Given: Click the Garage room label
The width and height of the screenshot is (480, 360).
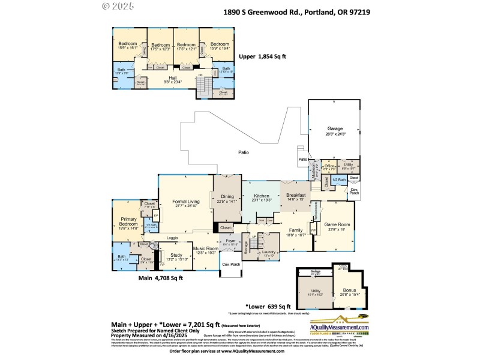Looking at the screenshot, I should click(334, 128).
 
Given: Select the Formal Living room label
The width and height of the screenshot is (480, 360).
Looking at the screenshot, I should click(185, 202).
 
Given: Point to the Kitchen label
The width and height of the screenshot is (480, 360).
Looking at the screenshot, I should click(261, 196).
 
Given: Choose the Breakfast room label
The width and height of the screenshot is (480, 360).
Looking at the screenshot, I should click(296, 195).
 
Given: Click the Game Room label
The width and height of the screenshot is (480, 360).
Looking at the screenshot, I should click(338, 225).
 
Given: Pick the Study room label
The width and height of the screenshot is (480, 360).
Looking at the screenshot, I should click(176, 255).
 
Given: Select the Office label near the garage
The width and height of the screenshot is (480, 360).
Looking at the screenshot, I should click(329, 166).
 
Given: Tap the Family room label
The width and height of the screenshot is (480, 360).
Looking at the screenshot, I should click(296, 230).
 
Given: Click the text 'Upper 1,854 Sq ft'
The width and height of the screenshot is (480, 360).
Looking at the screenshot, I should click(263, 56).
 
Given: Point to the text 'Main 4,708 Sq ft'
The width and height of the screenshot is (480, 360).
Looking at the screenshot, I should click(161, 278).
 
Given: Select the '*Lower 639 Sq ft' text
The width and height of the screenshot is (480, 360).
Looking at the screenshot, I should click(268, 306).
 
